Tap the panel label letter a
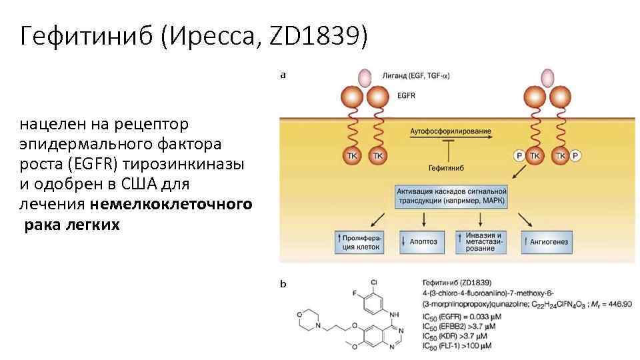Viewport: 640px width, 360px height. (x=283, y=75)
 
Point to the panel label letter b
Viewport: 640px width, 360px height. (x=283, y=284)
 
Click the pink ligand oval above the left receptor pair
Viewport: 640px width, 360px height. (x=365, y=77)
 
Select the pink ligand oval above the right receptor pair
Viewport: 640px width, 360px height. (x=547, y=77)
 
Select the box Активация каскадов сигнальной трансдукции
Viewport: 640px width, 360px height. (x=451, y=197)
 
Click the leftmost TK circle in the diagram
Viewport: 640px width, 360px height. (x=353, y=156)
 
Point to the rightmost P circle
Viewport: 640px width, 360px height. (x=576, y=156)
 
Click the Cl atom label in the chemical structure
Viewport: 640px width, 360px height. (x=373, y=282)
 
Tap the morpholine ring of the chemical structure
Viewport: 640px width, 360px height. (x=306, y=318)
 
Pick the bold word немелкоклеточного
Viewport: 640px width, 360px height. (x=172, y=204)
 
